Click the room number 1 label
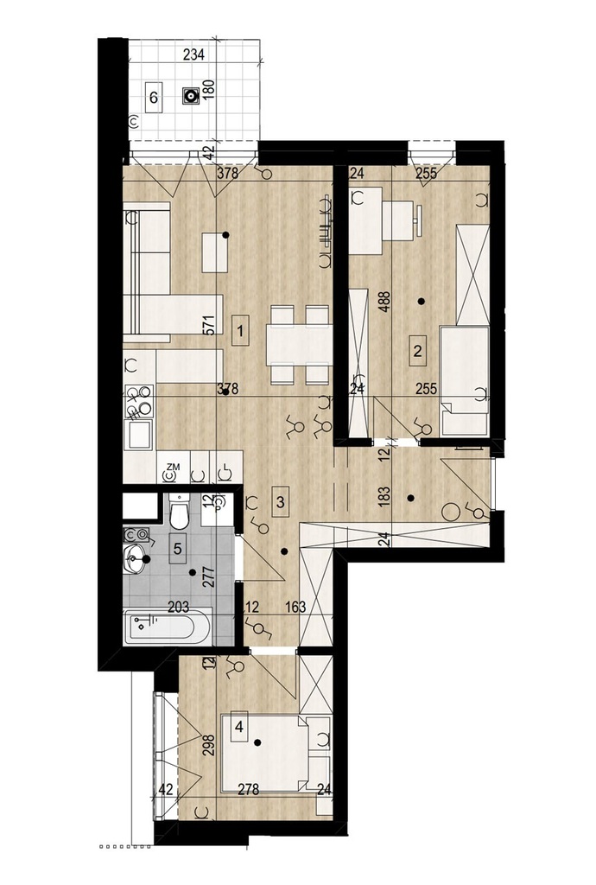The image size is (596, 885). (241, 330)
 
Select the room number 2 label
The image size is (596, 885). (417, 351)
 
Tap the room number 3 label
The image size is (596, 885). (280, 501)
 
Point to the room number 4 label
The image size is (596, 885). (239, 727)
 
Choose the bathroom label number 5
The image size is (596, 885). (178, 548)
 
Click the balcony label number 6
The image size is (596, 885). (154, 98)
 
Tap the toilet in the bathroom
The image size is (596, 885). (180, 510)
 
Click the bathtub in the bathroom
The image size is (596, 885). (168, 627)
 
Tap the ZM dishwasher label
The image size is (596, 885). (173, 467)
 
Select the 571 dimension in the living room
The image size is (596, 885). (210, 326)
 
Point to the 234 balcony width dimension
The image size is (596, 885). (194, 54)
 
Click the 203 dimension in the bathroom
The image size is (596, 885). (178, 608)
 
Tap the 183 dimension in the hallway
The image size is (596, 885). (385, 498)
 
